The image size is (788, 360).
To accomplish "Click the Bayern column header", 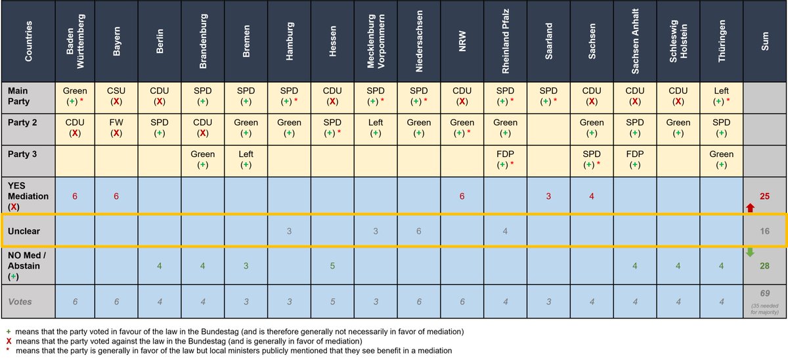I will tap(117, 41).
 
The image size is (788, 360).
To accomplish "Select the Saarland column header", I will tap(548, 41).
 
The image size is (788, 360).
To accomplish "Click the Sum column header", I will tap(764, 41).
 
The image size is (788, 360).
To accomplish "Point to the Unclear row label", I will tap(27, 231).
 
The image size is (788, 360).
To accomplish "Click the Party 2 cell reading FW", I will tap(117, 128).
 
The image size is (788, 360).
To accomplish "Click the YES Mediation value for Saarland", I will tap(548, 196).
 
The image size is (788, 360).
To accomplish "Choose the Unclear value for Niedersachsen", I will tap(418, 231).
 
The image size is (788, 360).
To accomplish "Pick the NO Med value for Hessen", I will tap(332, 266).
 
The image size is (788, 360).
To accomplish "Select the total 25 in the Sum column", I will tap(764, 196).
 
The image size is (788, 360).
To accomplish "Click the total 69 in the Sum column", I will tap(764, 293).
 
